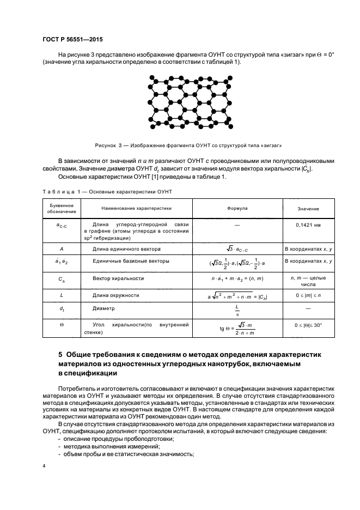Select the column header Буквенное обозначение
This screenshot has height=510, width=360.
(x=59, y=209)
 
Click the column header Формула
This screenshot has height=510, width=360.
(x=237, y=208)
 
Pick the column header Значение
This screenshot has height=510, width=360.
(x=308, y=209)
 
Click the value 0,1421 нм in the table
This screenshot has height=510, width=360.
(x=308, y=224)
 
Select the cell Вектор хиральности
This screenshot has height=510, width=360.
(x=118, y=278)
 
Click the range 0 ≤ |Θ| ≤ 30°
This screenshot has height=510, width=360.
(x=308, y=325)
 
